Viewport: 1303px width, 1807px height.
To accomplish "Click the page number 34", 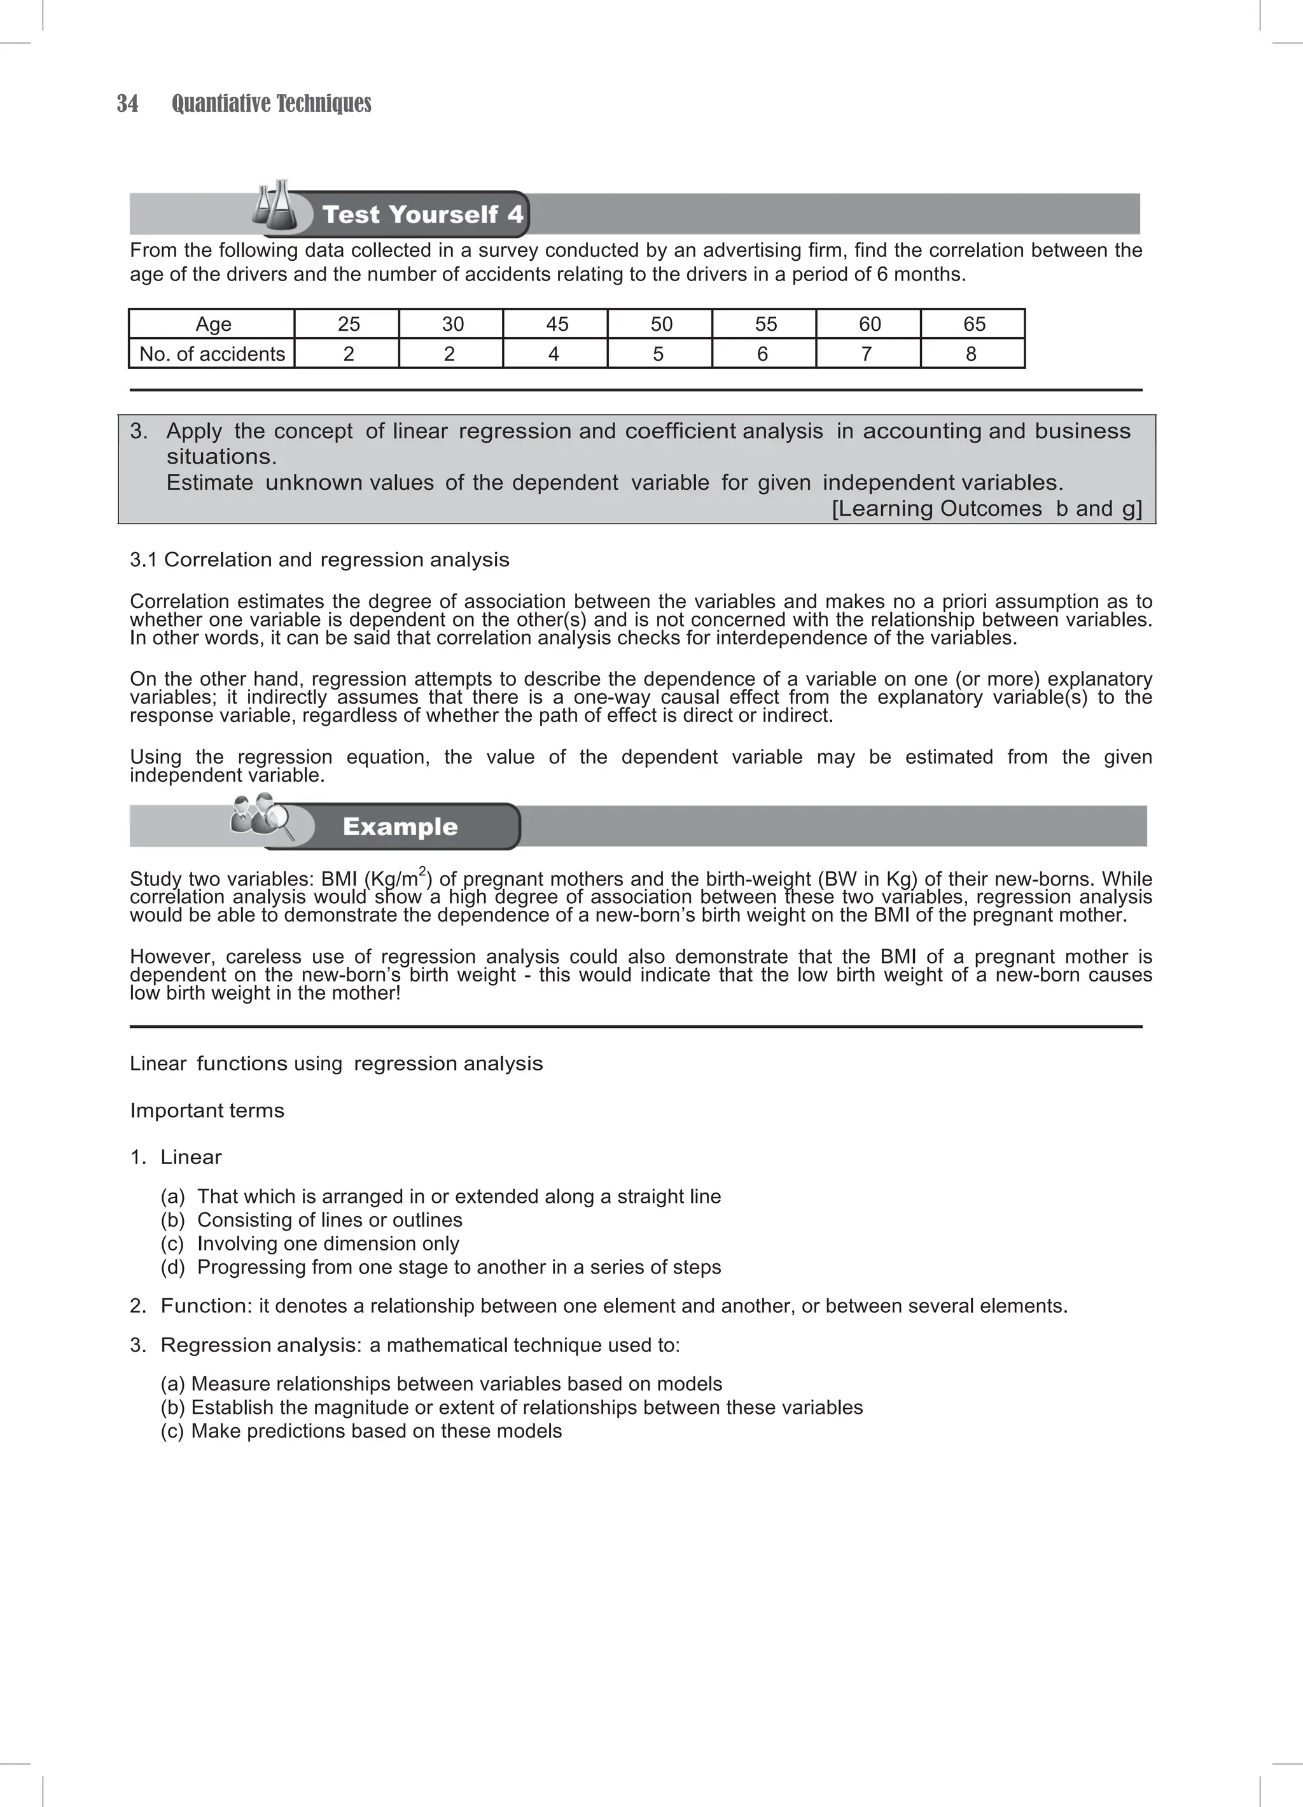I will pos(127,104).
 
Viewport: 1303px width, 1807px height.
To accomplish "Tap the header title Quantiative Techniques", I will pos(271,104).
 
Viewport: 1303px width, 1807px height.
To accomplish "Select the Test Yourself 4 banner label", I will pos(422,214).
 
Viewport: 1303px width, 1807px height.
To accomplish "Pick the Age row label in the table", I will pos(213,324).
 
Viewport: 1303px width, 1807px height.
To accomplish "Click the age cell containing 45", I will pos(556,324).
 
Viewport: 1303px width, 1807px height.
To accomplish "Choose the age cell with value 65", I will pos(973,324).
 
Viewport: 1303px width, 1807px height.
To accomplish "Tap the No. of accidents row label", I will pos(212,354).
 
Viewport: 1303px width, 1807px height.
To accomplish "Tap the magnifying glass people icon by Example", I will pos(261,817).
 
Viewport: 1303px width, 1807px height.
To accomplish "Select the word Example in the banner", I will pos(400,826).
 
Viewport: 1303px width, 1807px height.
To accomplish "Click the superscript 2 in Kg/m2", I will pos(422,871).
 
